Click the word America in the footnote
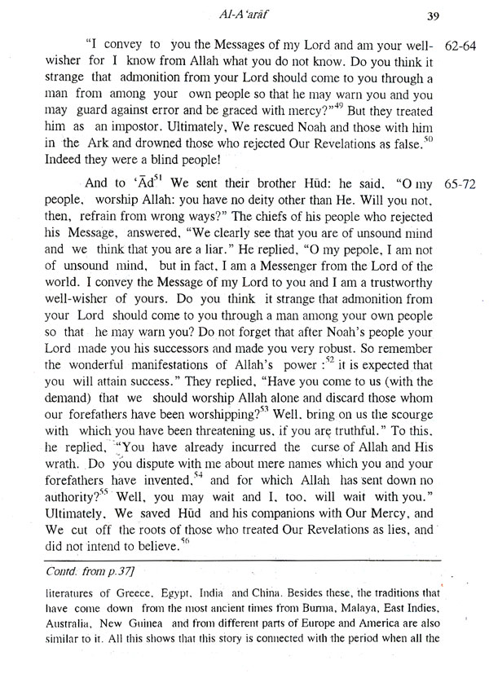372,640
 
